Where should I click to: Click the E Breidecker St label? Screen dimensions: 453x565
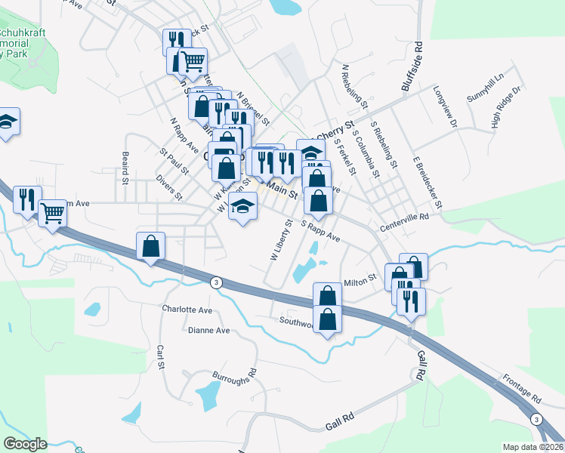(427, 183)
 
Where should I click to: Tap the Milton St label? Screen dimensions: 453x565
(360, 280)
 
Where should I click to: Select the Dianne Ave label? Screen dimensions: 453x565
(208, 331)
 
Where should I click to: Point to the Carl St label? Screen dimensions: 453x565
(160, 358)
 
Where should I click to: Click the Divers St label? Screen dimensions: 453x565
(168, 186)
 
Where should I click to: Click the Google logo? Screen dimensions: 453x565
(26, 444)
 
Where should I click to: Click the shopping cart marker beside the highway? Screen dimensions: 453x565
(52, 214)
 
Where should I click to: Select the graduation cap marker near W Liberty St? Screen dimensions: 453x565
(242, 206)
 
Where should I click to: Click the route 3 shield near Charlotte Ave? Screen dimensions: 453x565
(216, 282)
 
